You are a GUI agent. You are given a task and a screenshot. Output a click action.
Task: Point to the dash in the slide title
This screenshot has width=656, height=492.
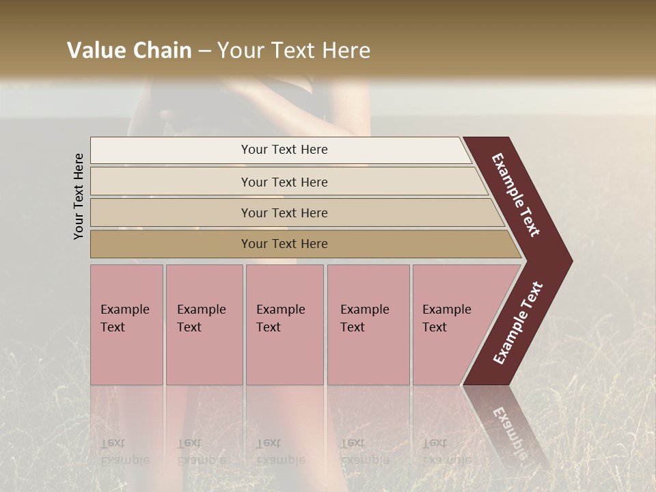[204, 51]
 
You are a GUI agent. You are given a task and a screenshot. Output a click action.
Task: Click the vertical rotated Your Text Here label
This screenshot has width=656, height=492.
[79, 197]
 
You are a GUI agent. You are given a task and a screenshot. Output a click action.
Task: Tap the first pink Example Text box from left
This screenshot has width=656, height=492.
[126, 324]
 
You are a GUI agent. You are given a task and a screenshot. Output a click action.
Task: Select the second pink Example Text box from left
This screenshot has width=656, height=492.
[204, 324]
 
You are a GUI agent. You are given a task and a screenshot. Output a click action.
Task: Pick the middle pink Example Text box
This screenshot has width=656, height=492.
[284, 324]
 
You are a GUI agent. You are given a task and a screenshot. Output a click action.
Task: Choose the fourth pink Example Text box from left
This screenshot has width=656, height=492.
[368, 324]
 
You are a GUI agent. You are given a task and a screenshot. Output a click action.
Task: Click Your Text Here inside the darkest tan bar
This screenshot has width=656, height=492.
[284, 244]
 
